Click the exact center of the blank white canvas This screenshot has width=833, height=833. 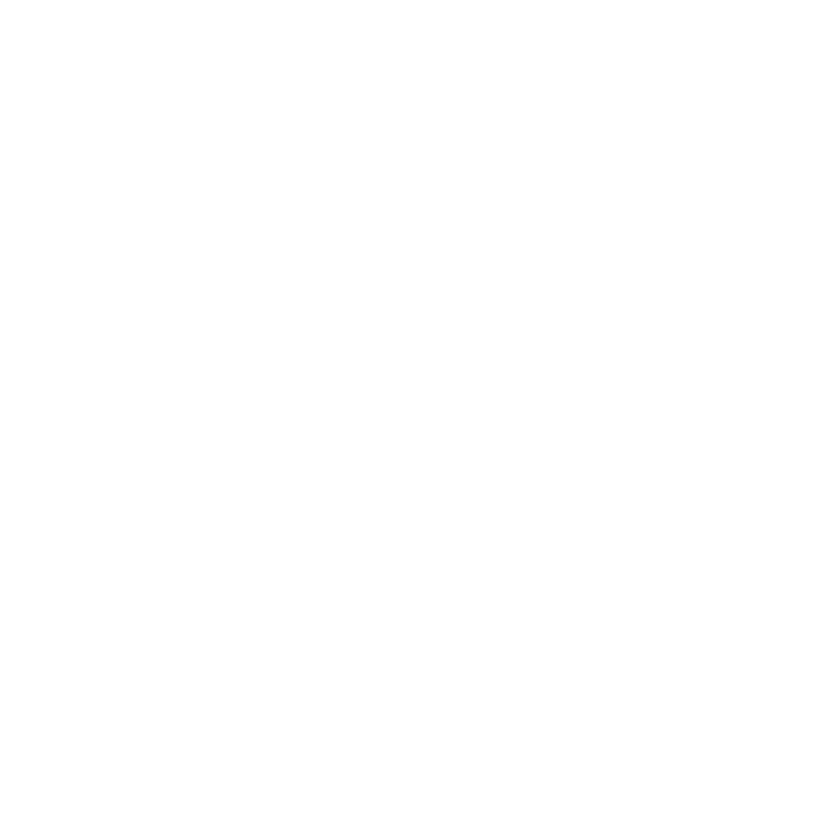click(x=416, y=416)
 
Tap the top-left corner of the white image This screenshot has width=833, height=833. click(x=0, y=0)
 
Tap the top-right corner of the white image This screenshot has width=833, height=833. click(x=832, y=0)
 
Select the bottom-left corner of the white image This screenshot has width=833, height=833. click(x=0, y=832)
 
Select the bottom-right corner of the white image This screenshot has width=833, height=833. click(x=832, y=832)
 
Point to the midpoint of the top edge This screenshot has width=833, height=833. click(x=416, y=0)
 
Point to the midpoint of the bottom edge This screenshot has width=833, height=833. click(x=416, y=832)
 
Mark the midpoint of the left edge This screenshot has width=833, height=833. click(x=0, y=416)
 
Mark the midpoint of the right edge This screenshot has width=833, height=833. click(x=832, y=416)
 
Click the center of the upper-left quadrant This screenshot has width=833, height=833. click(x=208, y=208)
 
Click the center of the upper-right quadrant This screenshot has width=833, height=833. click(x=625, y=208)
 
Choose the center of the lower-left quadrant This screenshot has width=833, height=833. click(x=208, y=625)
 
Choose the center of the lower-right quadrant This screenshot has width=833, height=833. click(x=625, y=625)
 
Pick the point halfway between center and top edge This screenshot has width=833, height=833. click(x=416, y=208)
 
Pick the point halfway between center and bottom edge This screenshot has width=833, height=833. click(x=416, y=625)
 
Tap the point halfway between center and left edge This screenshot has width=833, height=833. click(x=208, y=416)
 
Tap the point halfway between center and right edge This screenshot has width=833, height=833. click(x=625, y=416)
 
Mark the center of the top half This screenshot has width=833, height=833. click(x=416, y=208)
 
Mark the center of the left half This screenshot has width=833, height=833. click(x=208, y=416)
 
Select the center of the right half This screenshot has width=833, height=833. click(x=625, y=416)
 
